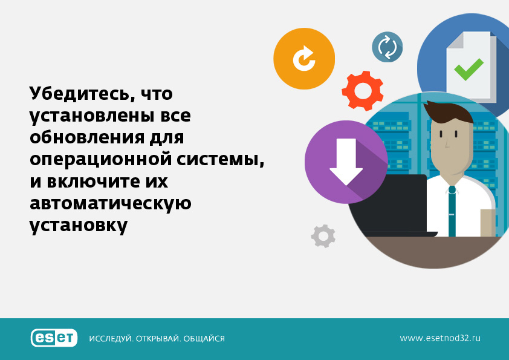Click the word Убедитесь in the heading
(82, 94)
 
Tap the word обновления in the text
(87, 137)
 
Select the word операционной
(100, 160)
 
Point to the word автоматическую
(111, 204)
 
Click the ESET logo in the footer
(54, 338)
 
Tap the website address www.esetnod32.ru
(440, 338)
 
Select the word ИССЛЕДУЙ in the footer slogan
(111, 339)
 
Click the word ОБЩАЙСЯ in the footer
(204, 339)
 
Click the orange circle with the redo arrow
(304, 59)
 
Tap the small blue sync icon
(387, 47)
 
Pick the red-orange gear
(363, 91)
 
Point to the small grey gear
(323, 236)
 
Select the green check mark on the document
(468, 69)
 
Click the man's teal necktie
(452, 211)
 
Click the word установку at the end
(79, 226)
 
